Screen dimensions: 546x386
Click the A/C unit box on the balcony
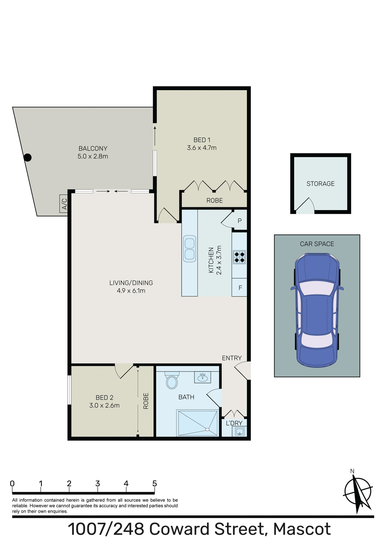64,204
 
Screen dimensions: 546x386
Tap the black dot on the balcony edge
27,157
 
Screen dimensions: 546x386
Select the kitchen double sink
189,249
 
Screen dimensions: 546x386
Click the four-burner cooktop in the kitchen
239,257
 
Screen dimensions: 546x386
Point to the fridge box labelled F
240,288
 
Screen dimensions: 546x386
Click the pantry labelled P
240,220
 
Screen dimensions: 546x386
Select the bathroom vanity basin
203,377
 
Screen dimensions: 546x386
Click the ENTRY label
232,358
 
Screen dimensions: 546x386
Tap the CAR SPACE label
317,244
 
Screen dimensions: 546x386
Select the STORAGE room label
320,184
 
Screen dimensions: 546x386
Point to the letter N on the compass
352,471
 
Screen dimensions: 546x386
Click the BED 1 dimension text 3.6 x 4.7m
202,148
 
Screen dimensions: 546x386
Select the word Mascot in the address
302,529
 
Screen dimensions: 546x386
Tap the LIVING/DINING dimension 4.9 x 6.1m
131,291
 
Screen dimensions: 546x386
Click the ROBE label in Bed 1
214,200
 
